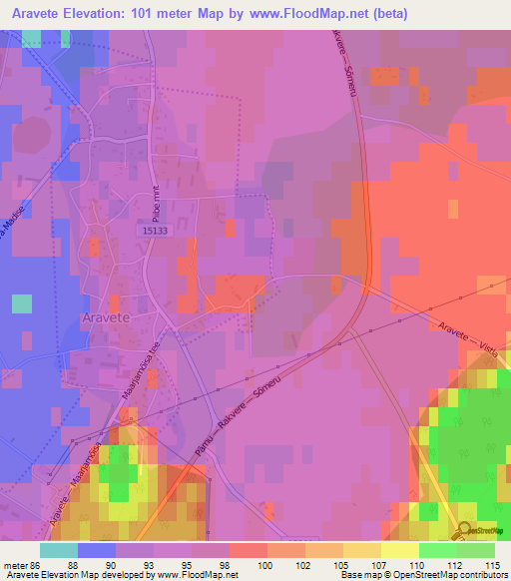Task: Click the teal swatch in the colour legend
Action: click(59, 550)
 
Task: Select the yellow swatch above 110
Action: click(399, 550)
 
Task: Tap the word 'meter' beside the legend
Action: click(14, 564)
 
